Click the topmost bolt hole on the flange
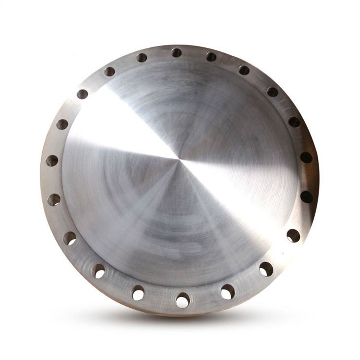177,52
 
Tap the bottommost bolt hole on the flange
182,299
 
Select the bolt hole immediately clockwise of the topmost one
211,57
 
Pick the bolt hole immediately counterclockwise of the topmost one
142,58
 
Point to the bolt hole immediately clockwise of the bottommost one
138,293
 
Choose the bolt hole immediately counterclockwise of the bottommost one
227,291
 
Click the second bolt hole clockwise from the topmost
244,70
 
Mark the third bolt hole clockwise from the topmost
273,92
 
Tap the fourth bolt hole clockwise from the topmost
294,122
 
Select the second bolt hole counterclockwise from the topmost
109,72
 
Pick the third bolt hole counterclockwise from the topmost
82,94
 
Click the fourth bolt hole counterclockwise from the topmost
62,124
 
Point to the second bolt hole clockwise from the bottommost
99,271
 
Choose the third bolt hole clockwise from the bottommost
70,239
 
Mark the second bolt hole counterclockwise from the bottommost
266,269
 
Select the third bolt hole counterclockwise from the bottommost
293,236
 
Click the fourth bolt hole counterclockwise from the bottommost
306,197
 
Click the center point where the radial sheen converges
178,159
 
